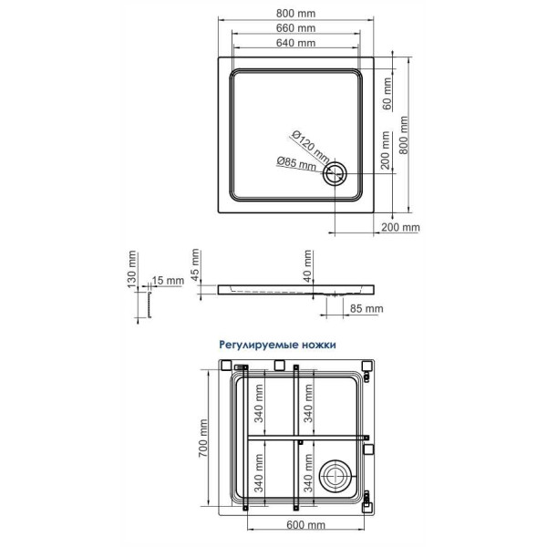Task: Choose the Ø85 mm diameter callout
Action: tap(298, 164)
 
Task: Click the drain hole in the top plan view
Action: tap(337, 173)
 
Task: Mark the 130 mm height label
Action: tap(131, 273)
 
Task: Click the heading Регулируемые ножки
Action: tap(277, 346)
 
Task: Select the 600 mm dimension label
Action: tap(306, 525)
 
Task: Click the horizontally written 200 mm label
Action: tap(400, 227)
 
